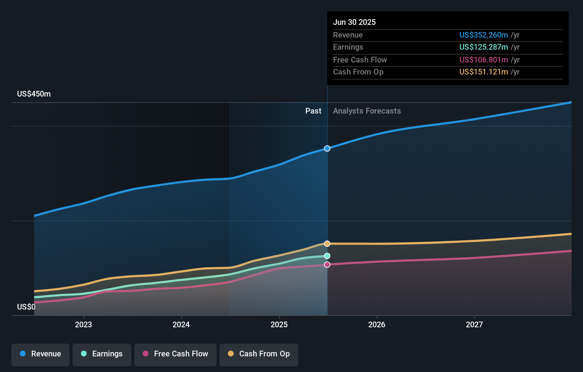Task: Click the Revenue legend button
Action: (x=40, y=354)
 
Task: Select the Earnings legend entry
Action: (x=102, y=354)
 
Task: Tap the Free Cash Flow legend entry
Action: (x=175, y=354)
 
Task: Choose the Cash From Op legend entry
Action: (x=259, y=354)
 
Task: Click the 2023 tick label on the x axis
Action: (x=83, y=324)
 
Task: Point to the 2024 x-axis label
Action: (x=181, y=324)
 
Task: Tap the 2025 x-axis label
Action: (x=279, y=324)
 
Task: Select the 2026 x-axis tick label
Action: (x=377, y=324)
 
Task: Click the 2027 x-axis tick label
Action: (x=474, y=324)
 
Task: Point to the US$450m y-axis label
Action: (x=34, y=94)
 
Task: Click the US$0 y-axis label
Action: (x=26, y=307)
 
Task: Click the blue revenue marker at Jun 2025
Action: (x=327, y=148)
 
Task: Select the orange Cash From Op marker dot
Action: (x=327, y=244)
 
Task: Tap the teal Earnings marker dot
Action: (x=327, y=256)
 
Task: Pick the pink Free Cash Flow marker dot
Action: (x=327, y=264)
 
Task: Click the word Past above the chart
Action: (x=313, y=111)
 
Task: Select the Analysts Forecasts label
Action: (x=367, y=111)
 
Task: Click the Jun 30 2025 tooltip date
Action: (x=354, y=22)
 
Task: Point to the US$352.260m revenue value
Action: (x=483, y=35)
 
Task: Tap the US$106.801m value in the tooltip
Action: (x=483, y=60)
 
